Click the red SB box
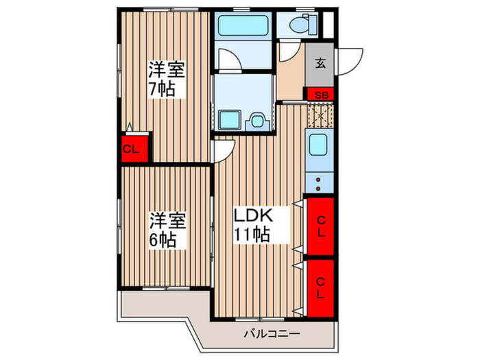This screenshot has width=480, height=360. point(320,94)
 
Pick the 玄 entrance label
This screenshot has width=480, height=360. point(320,64)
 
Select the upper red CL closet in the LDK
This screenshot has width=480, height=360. point(320,224)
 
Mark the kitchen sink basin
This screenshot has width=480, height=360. point(319,146)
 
